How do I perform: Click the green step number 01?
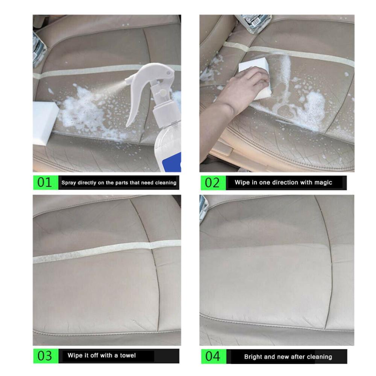tap(45, 183)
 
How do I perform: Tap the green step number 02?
tap(212, 183)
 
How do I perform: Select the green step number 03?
tap(45, 355)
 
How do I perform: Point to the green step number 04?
tap(212, 356)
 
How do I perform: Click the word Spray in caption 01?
tap(68, 183)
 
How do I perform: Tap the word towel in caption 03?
tap(128, 355)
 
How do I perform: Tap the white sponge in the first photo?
tap(44, 120)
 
